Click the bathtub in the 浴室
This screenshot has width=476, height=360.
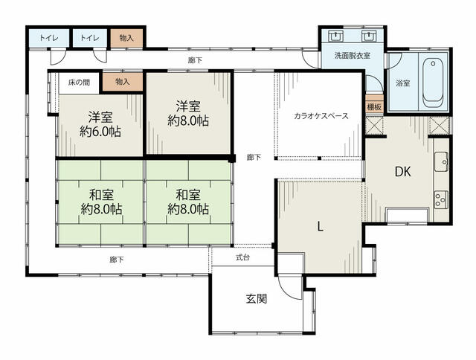point(433,83)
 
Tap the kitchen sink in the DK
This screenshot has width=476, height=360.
point(441,161)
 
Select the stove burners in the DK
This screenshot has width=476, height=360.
point(441,199)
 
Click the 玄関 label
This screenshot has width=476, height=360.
point(257,299)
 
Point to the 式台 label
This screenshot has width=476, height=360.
point(243,257)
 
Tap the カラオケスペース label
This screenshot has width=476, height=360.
point(321,115)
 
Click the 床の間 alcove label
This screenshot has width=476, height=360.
point(79,83)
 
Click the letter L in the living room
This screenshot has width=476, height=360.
point(320,226)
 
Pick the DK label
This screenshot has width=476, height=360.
point(403,172)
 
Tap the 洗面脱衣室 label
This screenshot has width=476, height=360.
point(353,56)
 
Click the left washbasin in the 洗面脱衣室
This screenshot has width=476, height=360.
point(335,36)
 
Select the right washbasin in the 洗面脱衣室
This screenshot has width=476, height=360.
point(369,36)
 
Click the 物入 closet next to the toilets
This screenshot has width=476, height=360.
point(126,38)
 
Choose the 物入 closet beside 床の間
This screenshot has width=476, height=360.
point(123,82)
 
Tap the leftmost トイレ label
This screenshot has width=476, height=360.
point(49,38)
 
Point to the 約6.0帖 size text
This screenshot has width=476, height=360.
point(100,132)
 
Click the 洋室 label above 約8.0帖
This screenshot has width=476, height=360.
point(188,106)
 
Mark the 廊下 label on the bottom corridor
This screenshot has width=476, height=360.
point(117,260)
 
